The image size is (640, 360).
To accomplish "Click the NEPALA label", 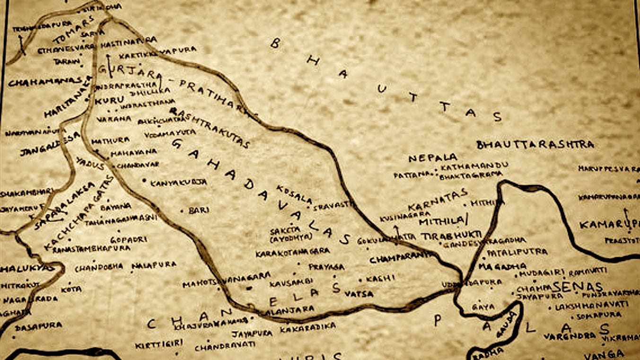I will (433, 158).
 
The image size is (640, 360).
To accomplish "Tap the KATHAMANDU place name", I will (474, 166).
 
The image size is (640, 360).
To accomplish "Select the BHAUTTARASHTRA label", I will (535, 144).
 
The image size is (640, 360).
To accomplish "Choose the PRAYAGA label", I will (327, 267).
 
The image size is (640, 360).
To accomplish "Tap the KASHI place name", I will (380, 278).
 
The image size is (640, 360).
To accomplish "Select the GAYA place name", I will (483, 307).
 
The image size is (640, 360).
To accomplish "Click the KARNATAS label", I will (438, 200).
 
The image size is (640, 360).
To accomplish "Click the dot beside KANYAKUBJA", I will (144, 181).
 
